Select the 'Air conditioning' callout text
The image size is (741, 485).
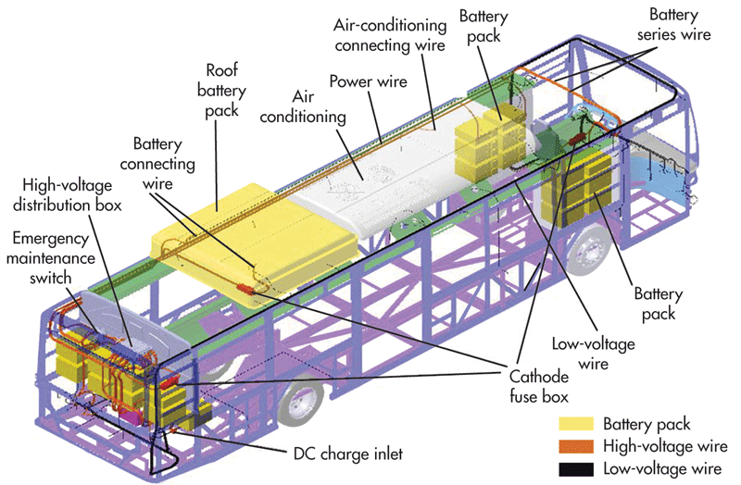point(318,107)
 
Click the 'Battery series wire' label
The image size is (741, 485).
point(679,25)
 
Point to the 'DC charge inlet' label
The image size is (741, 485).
point(345,453)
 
